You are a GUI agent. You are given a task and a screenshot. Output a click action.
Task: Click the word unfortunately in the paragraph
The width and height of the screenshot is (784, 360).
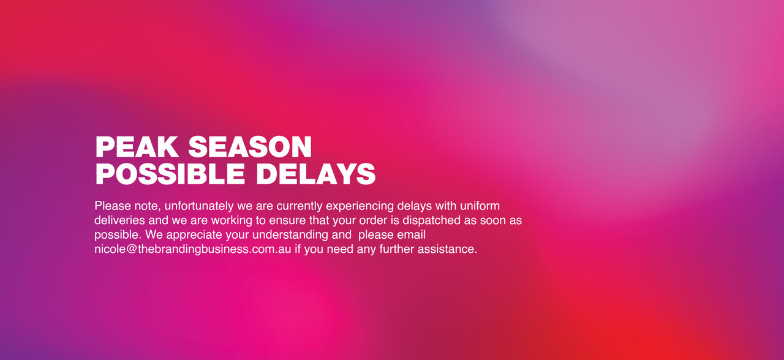coord(199,206)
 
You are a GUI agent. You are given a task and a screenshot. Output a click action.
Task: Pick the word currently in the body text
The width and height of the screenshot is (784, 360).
coord(300,206)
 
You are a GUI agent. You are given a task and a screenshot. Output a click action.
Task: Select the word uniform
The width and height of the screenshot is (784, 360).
coord(480,206)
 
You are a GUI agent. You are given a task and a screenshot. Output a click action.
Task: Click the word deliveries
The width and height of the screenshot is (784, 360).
coord(119,220)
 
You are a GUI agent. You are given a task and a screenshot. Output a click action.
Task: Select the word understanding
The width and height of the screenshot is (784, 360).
coord(290,234)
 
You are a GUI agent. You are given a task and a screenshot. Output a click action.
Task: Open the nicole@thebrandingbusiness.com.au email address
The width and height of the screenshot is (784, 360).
coord(193,249)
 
